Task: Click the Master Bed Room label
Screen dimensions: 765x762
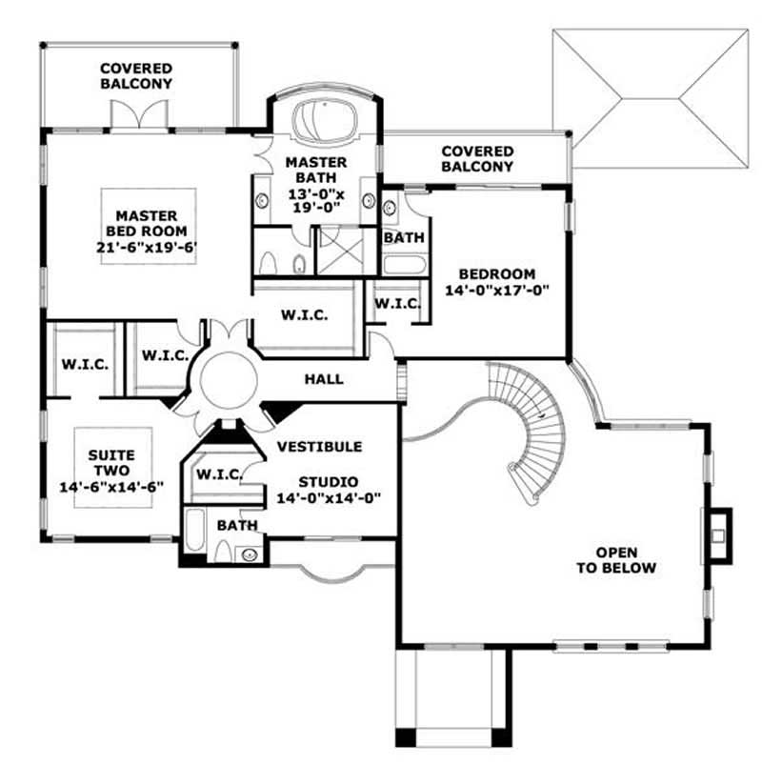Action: coord(149,231)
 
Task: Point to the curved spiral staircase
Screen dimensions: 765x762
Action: coord(533,429)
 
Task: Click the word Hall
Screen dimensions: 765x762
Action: coord(324,379)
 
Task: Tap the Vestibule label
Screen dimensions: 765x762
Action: coord(319,446)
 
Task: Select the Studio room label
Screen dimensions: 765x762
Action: coord(328,481)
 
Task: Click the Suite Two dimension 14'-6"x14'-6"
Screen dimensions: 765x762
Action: coord(112,485)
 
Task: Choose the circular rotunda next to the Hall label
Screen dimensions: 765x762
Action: coord(228,380)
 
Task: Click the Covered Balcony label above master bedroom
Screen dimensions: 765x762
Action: coord(136,75)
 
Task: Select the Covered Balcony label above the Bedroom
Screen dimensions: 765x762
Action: coord(476,158)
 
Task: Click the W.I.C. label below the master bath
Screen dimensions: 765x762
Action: coord(305,315)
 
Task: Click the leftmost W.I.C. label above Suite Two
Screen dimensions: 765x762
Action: coord(85,364)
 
